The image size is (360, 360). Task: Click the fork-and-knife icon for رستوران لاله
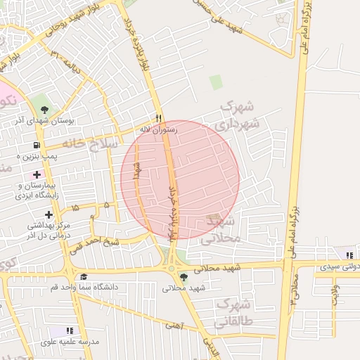(159, 118)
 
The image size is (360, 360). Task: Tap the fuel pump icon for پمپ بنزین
(32, 147)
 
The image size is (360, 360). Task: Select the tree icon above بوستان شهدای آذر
(45, 109)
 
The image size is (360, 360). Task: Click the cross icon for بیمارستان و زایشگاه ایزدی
(37, 174)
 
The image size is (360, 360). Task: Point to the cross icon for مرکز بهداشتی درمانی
(49, 214)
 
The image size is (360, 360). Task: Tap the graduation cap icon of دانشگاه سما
(84, 276)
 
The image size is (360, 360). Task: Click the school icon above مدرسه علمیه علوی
(69, 330)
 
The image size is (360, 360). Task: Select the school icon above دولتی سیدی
(349, 255)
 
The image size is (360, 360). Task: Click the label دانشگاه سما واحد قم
(77, 287)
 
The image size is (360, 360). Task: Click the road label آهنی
(172, 326)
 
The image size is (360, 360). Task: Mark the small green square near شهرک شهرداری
(216, 82)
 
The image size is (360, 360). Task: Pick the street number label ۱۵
(75, 208)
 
